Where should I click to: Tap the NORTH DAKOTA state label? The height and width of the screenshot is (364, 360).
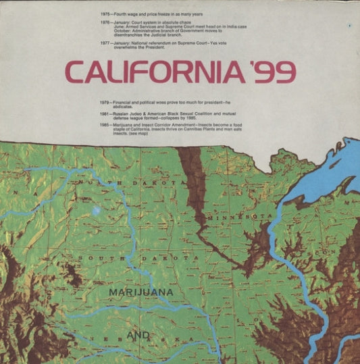point(131,182)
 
